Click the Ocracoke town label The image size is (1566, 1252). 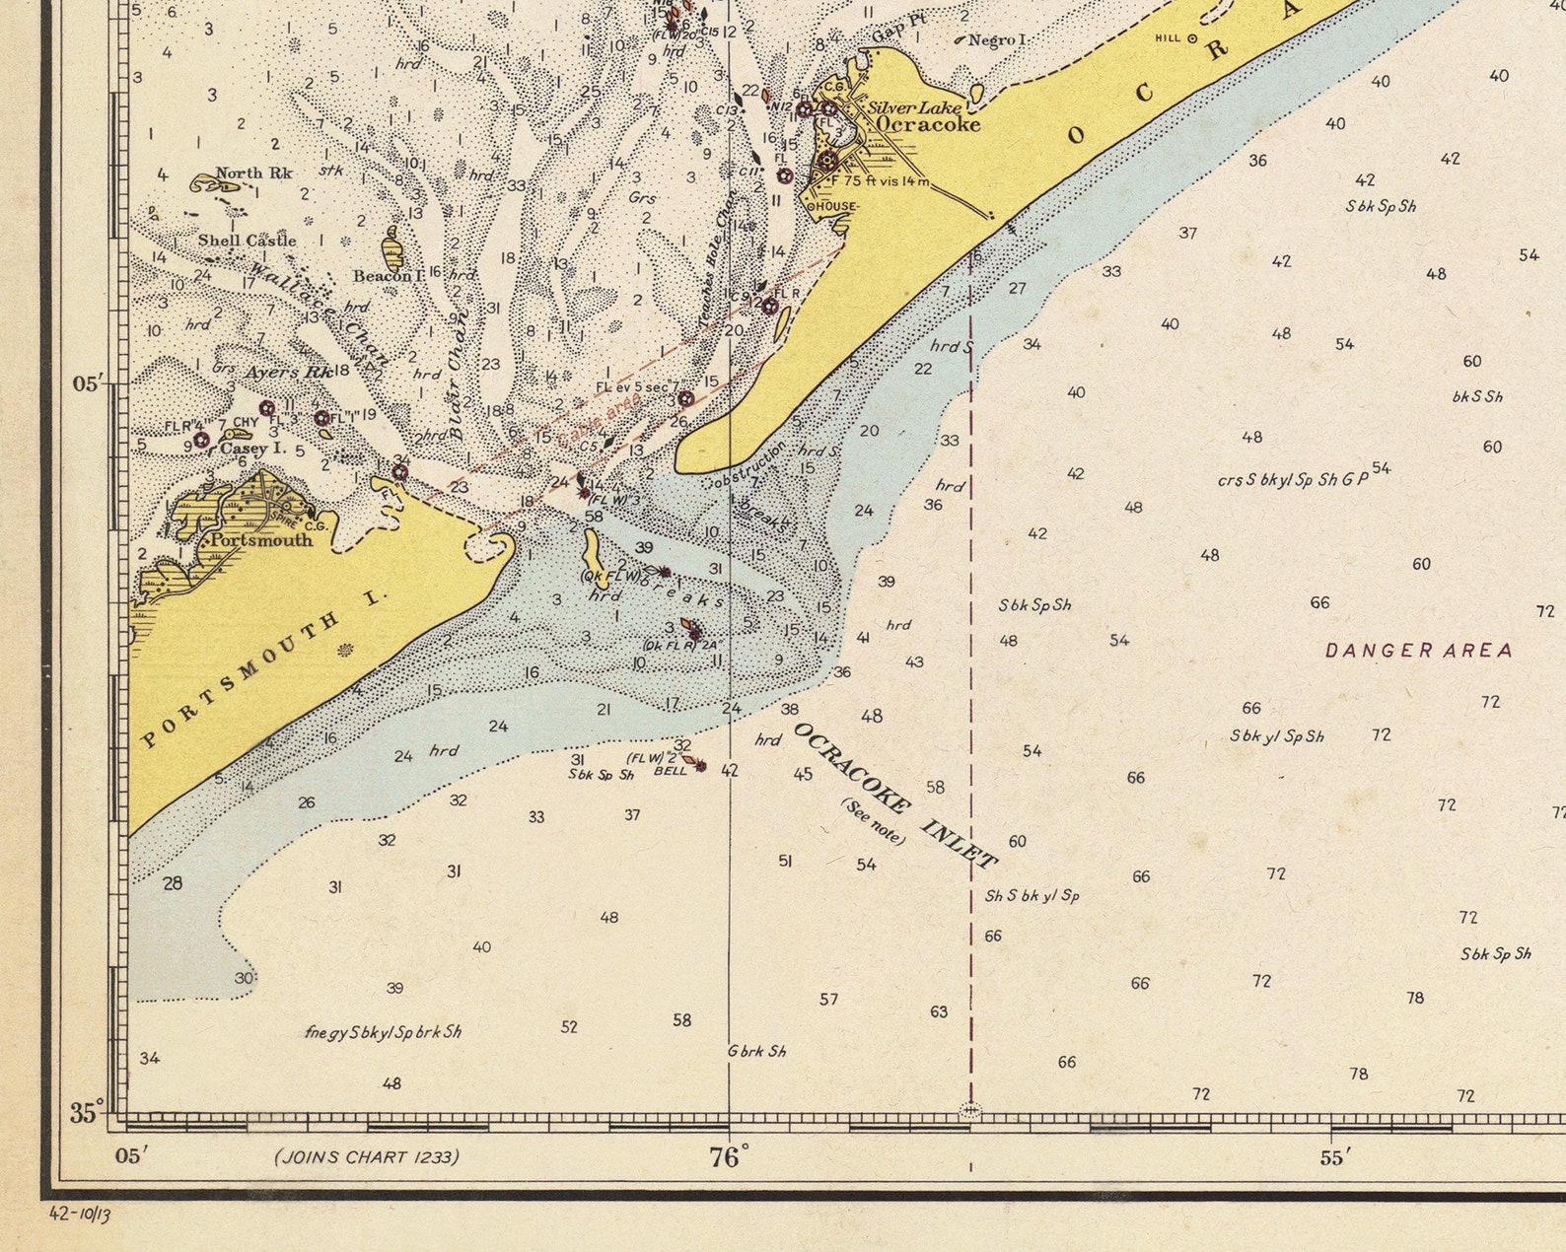(x=928, y=125)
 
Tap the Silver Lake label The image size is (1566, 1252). (x=913, y=107)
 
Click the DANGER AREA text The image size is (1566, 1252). (x=1418, y=651)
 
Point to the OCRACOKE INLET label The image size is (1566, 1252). (x=895, y=797)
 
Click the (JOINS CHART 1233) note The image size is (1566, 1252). (x=367, y=1156)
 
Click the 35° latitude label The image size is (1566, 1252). (x=88, y=1114)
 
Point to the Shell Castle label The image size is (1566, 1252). (x=247, y=240)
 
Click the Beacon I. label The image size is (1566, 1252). (x=389, y=276)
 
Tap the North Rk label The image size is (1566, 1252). (x=253, y=174)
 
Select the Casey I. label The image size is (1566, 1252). (x=251, y=448)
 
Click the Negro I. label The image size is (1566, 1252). (x=998, y=40)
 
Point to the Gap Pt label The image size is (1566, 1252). (x=899, y=31)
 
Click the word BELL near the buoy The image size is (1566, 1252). (x=671, y=771)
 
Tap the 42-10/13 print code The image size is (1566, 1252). (x=80, y=1214)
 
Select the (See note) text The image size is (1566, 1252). (x=873, y=821)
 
